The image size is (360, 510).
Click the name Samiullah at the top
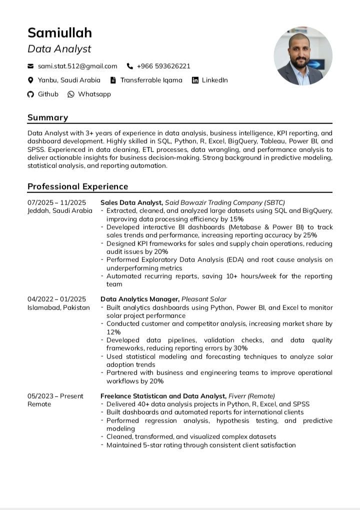pyautogui.click(x=59, y=33)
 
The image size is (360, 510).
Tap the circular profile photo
pyautogui.click(x=303, y=55)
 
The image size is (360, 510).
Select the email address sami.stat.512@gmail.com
pyautogui.click(x=77, y=66)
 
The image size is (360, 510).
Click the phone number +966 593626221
pyautogui.click(x=163, y=66)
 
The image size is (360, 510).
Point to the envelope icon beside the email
pyautogui.click(x=30, y=66)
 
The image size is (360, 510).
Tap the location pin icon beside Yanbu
pyautogui.click(x=30, y=80)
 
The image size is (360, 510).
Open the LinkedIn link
pyautogui.click(x=214, y=80)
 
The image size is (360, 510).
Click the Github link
pyautogui.click(x=48, y=94)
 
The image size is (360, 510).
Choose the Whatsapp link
pyautogui.click(x=94, y=94)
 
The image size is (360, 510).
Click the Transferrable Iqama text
pyautogui.click(x=151, y=80)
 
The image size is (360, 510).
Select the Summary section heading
pyautogui.click(x=47, y=117)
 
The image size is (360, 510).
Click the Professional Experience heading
pyautogui.click(x=77, y=186)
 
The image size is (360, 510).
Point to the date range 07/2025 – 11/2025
pyautogui.click(x=56, y=202)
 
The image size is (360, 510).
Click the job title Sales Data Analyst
pyautogui.click(x=131, y=202)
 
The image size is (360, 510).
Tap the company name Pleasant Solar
pyautogui.click(x=203, y=299)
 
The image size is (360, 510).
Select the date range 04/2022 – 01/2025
pyautogui.click(x=56, y=299)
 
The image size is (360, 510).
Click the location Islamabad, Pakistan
pyautogui.click(x=58, y=307)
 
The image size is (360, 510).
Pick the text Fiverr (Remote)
pyautogui.click(x=251, y=396)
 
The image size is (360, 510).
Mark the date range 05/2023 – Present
pyautogui.click(x=55, y=396)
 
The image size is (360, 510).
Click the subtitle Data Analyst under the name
pyautogui.click(x=59, y=49)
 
